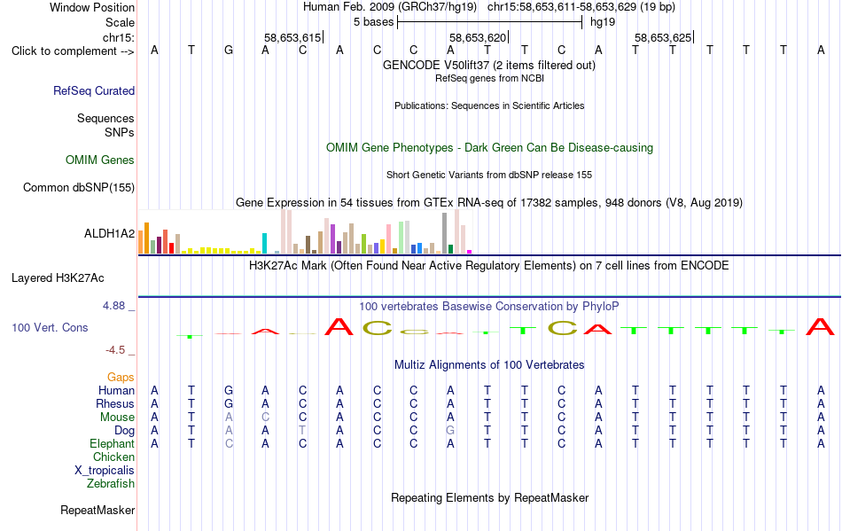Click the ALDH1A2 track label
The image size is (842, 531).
click(110, 233)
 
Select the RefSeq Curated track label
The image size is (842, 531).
click(94, 90)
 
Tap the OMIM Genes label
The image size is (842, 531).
click(100, 160)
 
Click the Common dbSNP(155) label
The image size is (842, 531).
click(79, 187)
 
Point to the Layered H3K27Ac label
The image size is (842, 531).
click(58, 278)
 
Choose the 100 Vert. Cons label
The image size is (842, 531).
click(50, 327)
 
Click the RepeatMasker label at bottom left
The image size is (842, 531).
click(97, 510)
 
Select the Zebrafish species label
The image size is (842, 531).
click(111, 484)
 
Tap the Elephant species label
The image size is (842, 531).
click(113, 444)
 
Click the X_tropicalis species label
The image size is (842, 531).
click(105, 471)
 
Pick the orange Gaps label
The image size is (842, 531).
click(121, 378)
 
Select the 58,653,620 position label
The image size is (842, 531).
click(478, 37)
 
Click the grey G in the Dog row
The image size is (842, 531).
click(450, 431)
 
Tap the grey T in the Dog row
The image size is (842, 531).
click(303, 431)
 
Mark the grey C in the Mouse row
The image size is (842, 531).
click(265, 418)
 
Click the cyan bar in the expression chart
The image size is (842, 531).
click(264, 243)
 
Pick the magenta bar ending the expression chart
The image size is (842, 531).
click(470, 252)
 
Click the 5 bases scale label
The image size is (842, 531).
click(374, 22)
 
